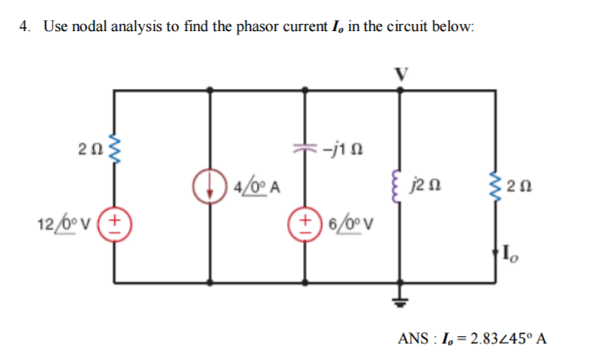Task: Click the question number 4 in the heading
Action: [26, 26]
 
